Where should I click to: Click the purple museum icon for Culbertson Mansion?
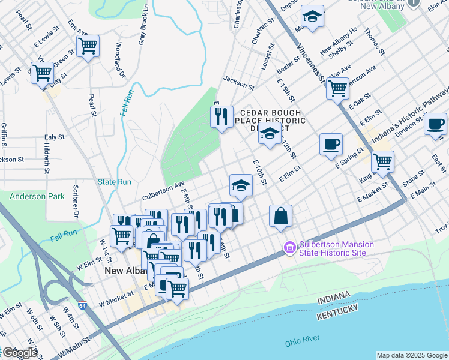(289, 247)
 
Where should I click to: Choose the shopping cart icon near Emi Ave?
(88, 46)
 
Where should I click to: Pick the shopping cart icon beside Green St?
(42, 73)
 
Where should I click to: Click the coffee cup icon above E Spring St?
(331, 144)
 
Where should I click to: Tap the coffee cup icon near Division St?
(435, 124)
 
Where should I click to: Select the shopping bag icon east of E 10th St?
(280, 216)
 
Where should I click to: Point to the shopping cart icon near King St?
(382, 161)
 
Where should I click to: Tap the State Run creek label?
(114, 181)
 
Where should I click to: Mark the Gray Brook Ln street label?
(143, 24)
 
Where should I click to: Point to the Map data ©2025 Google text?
(411, 355)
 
